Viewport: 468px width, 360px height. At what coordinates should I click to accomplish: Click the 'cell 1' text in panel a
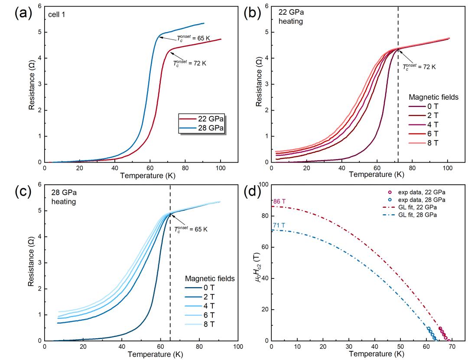pos(56,14)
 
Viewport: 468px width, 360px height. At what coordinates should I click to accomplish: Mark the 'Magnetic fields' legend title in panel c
pos(210,278)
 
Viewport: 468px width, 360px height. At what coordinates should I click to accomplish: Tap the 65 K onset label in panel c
pos(191,229)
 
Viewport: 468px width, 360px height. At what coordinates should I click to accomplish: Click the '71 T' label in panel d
pos(278,225)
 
